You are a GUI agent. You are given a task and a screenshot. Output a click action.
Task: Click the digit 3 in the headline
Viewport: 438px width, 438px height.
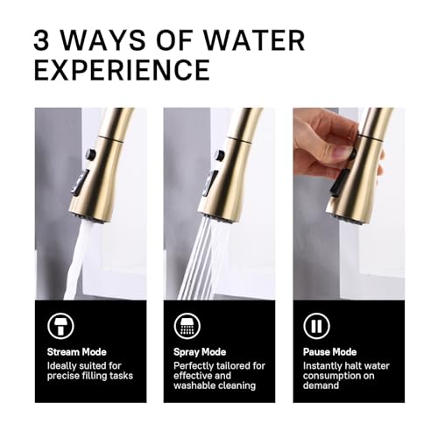(41, 40)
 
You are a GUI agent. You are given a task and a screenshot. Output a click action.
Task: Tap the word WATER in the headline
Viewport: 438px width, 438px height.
(253, 40)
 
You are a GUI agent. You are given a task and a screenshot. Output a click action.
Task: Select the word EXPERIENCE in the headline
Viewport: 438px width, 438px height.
(122, 70)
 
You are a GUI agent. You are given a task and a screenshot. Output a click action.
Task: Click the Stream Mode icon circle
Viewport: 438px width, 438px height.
(60, 326)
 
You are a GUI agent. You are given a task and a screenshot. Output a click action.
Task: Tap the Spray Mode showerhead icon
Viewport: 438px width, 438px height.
(187, 326)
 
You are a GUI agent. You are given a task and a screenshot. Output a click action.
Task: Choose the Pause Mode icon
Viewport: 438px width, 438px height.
(316, 326)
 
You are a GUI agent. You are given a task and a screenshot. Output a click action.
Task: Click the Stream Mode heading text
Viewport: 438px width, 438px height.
(77, 352)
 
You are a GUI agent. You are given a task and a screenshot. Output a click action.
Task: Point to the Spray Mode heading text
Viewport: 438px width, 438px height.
(200, 352)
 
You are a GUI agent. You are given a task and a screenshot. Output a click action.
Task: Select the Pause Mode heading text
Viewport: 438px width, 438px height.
(329, 352)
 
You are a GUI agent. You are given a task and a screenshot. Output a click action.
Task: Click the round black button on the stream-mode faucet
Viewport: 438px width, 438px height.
(90, 154)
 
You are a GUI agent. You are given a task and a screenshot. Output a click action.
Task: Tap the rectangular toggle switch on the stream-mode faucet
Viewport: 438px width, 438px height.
(79, 183)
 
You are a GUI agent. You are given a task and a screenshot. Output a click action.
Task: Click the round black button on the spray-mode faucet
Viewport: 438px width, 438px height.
(220, 154)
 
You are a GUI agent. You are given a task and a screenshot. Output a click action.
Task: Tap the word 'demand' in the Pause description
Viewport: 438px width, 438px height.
(321, 385)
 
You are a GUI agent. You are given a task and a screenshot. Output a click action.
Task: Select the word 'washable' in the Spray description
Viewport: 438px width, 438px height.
(194, 385)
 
